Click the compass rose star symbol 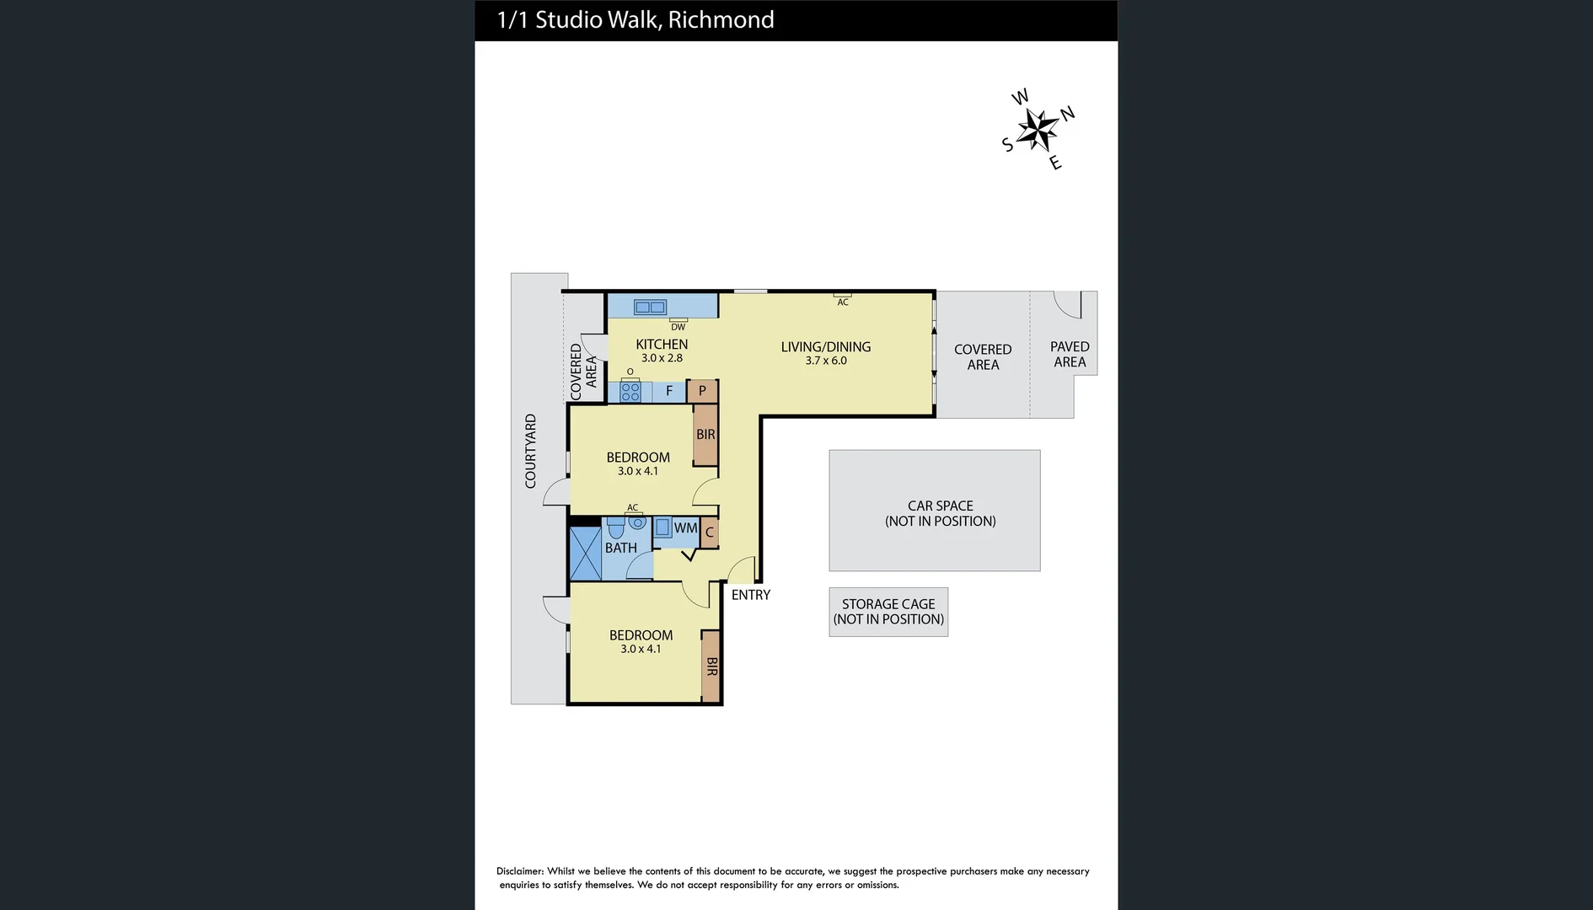(1038, 130)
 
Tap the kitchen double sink (650, 308)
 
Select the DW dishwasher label (678, 327)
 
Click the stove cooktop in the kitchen (630, 392)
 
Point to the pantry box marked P (702, 391)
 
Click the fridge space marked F (669, 391)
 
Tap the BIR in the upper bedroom (705, 435)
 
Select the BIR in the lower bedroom (711, 666)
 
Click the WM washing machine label (685, 528)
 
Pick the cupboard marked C (710, 533)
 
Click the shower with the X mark (585, 554)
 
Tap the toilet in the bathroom (615, 528)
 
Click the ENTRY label (750, 595)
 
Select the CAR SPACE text (940, 506)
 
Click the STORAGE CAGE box (888, 612)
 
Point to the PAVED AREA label (1070, 354)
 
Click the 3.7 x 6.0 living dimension (826, 361)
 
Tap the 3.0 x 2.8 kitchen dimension (662, 358)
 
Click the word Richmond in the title (721, 20)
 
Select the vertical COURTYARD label (531, 451)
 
